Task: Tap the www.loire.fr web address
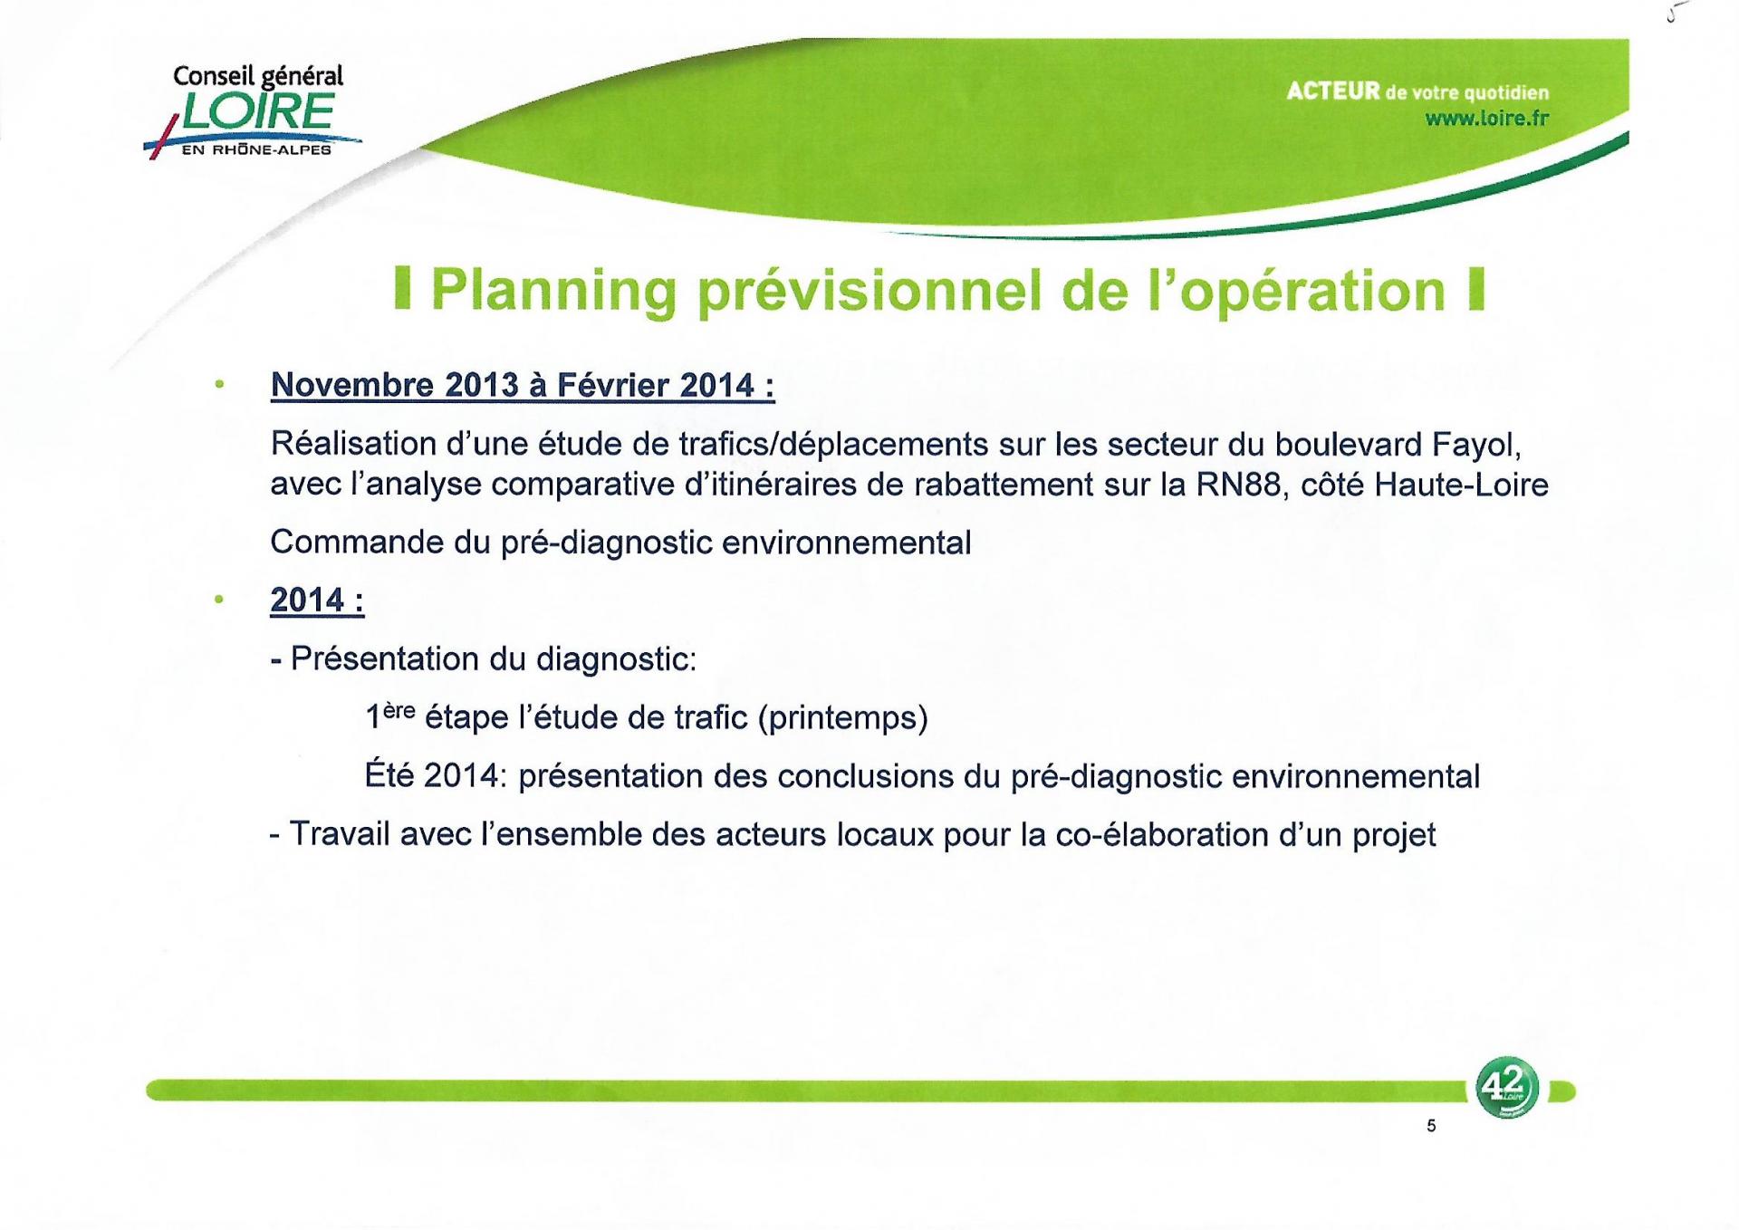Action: (1486, 119)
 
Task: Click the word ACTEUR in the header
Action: (1333, 91)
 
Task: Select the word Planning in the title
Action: (553, 291)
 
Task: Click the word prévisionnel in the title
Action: (870, 291)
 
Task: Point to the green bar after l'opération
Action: (1476, 289)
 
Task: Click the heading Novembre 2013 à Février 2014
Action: (523, 386)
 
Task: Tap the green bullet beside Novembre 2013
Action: (218, 384)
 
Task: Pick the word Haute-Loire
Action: (1461, 485)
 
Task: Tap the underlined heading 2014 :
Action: (317, 600)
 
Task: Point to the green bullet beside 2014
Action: (218, 599)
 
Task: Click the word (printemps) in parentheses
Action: (842, 718)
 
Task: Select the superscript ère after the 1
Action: (399, 711)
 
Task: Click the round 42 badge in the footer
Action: (1506, 1087)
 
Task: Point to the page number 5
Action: (1431, 1126)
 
